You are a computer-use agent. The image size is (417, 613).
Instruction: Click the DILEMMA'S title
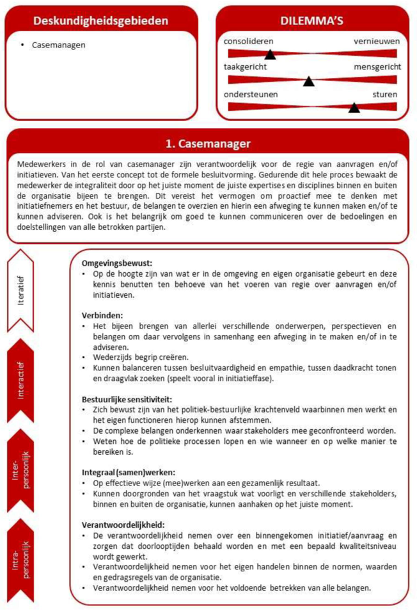pos(313,20)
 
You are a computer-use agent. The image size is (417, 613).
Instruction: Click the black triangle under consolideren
pos(270,54)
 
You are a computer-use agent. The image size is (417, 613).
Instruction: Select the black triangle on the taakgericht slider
pos(309,81)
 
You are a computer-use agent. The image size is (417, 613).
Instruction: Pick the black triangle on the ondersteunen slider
pos(354,107)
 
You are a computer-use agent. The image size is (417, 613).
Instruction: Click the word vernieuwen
pos(377,41)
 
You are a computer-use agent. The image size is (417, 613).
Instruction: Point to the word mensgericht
pos(377,67)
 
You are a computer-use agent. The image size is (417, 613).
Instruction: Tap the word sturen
pos(385,94)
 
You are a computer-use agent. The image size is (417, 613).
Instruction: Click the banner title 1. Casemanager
pos(208,143)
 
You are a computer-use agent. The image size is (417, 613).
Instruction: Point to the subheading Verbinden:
pos(102,315)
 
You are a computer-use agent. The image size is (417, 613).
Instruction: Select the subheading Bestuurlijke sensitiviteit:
pos(127,399)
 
